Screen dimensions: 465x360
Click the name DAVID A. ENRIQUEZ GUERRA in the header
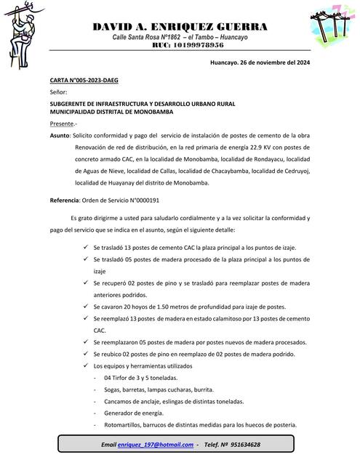(x=180, y=27)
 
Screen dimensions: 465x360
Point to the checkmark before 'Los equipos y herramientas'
(x=87, y=366)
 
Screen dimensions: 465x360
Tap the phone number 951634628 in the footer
(x=241, y=444)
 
